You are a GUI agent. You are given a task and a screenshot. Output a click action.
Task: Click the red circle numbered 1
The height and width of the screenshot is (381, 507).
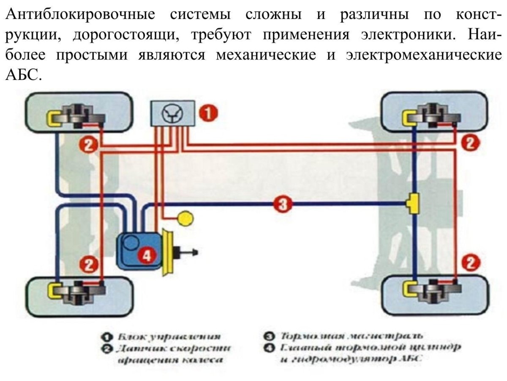(208, 113)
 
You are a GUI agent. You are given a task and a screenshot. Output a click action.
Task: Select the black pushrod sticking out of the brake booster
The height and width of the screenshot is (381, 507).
(186, 253)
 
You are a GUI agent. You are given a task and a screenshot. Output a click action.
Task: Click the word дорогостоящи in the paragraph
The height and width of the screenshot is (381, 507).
(123, 35)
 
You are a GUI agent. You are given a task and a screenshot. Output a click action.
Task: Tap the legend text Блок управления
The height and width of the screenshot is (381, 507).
(169, 337)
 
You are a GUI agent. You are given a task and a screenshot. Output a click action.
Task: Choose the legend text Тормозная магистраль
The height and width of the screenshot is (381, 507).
(351, 336)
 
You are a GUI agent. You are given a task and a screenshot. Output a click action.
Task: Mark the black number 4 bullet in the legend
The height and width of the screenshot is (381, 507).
(270, 348)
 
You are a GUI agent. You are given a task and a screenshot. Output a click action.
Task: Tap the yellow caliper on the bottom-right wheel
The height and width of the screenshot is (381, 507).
(409, 289)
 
